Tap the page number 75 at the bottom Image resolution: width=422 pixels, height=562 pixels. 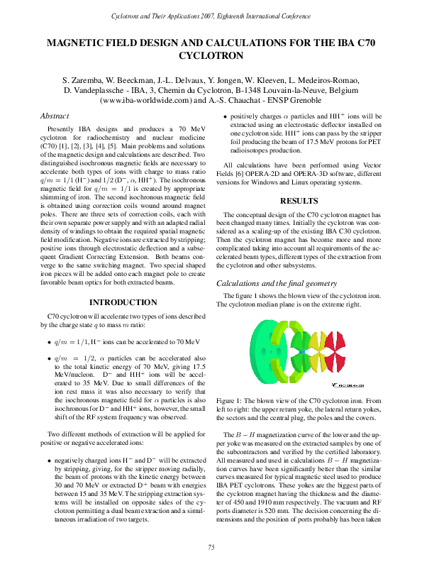(211, 546)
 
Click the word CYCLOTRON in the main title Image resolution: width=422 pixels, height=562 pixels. (211, 55)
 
